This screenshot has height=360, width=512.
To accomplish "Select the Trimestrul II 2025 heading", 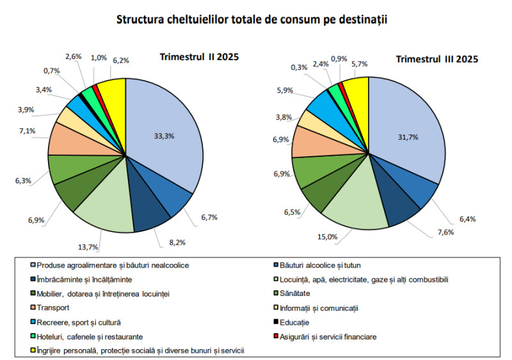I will (199, 57).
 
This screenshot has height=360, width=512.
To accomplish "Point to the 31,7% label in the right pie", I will (402, 135).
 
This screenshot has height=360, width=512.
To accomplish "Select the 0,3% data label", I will (299, 67).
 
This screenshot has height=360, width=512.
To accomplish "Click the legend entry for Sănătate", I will (296, 293).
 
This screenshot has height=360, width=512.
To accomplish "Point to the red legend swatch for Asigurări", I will (275, 336).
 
